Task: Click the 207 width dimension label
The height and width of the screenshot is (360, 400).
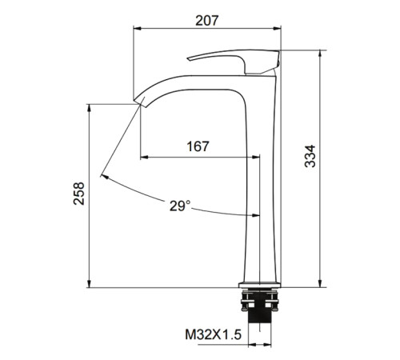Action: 207,21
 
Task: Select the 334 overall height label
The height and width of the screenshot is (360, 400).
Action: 310,156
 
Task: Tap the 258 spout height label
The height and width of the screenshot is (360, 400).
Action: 79,194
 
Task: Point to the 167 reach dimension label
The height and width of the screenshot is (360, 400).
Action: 198,146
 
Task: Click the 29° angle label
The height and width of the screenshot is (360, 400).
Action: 180,206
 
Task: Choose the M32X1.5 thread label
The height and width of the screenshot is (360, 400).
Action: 214,334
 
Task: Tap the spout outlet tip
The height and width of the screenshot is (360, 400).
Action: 139,102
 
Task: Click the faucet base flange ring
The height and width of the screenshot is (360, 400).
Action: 259,285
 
